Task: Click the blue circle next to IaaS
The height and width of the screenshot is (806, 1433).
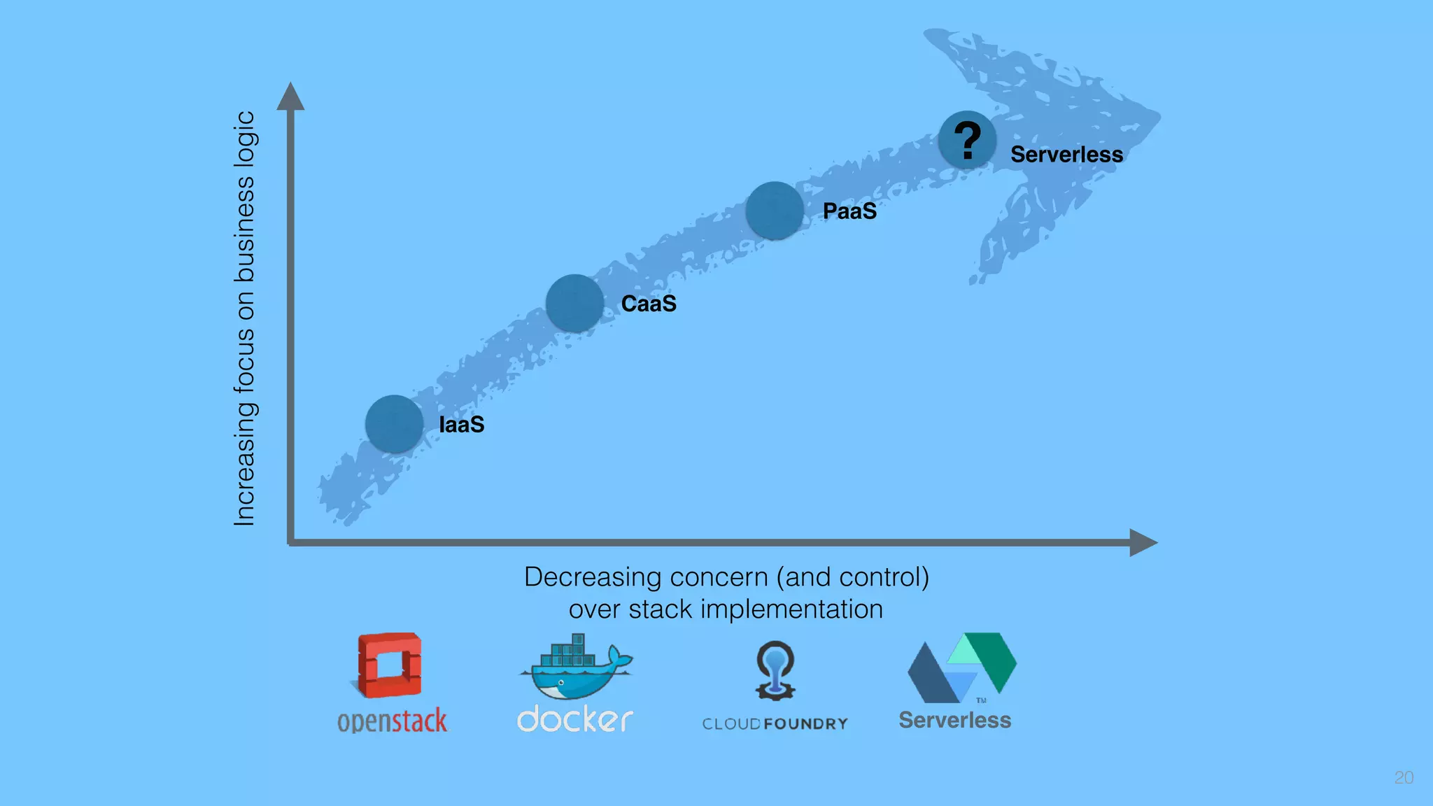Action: [x=394, y=424]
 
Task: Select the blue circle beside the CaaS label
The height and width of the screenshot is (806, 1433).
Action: [x=574, y=303]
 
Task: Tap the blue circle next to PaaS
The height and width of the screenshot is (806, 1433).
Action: [x=774, y=210]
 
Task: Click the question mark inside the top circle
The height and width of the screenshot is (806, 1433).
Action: [x=968, y=140]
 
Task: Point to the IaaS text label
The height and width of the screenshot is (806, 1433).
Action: [x=461, y=425]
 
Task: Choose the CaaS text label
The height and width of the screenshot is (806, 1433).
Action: [x=649, y=304]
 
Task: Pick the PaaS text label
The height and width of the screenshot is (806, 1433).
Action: [x=849, y=211]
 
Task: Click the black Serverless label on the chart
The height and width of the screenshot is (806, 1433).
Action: [x=1066, y=155]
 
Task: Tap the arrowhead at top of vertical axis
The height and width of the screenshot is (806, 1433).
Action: [x=290, y=97]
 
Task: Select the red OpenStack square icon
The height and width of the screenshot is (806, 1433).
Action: [x=390, y=665]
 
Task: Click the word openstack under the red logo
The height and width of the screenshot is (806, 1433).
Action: [x=392, y=721]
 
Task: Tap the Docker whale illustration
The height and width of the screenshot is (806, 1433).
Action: [x=575, y=668]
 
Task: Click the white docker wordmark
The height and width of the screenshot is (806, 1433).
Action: [x=575, y=719]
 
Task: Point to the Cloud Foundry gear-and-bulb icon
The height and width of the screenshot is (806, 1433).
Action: [x=775, y=670]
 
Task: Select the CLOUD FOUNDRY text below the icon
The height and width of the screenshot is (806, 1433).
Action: [x=775, y=724]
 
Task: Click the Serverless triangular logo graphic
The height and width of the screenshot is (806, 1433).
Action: [x=961, y=668]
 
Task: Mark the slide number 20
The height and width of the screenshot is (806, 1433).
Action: [x=1404, y=777]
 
